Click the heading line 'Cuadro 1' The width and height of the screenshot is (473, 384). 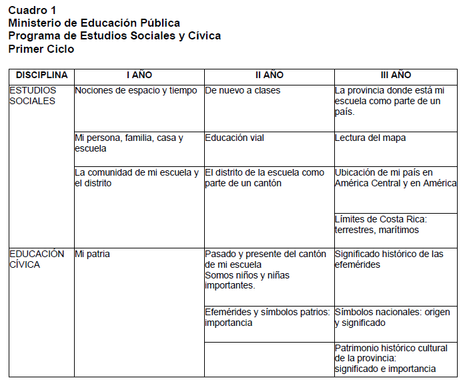(32, 11)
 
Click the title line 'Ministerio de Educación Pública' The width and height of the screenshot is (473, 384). (94, 23)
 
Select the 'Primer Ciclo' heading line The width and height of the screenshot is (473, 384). (41, 49)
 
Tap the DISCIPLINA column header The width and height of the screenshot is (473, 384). (41, 75)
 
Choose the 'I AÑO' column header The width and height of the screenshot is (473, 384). (139, 75)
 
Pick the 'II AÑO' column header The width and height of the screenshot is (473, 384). (269, 75)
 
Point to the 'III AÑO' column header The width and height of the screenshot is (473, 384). (396, 75)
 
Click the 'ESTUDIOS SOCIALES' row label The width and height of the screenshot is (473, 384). (33, 95)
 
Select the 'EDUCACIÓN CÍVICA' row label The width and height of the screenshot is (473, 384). (37, 259)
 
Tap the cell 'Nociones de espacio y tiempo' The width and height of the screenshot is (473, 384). (136, 90)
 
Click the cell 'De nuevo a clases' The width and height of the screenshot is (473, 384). (243, 90)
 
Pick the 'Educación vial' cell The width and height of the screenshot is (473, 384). (235, 138)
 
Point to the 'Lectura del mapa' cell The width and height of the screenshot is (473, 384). (370, 138)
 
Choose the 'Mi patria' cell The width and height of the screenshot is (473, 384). (93, 254)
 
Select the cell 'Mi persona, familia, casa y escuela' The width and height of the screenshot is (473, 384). (129, 143)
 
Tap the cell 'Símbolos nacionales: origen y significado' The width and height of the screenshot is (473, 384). (392, 317)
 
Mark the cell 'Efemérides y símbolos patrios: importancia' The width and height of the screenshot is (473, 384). (267, 317)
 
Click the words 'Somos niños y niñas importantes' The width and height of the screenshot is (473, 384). (247, 280)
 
